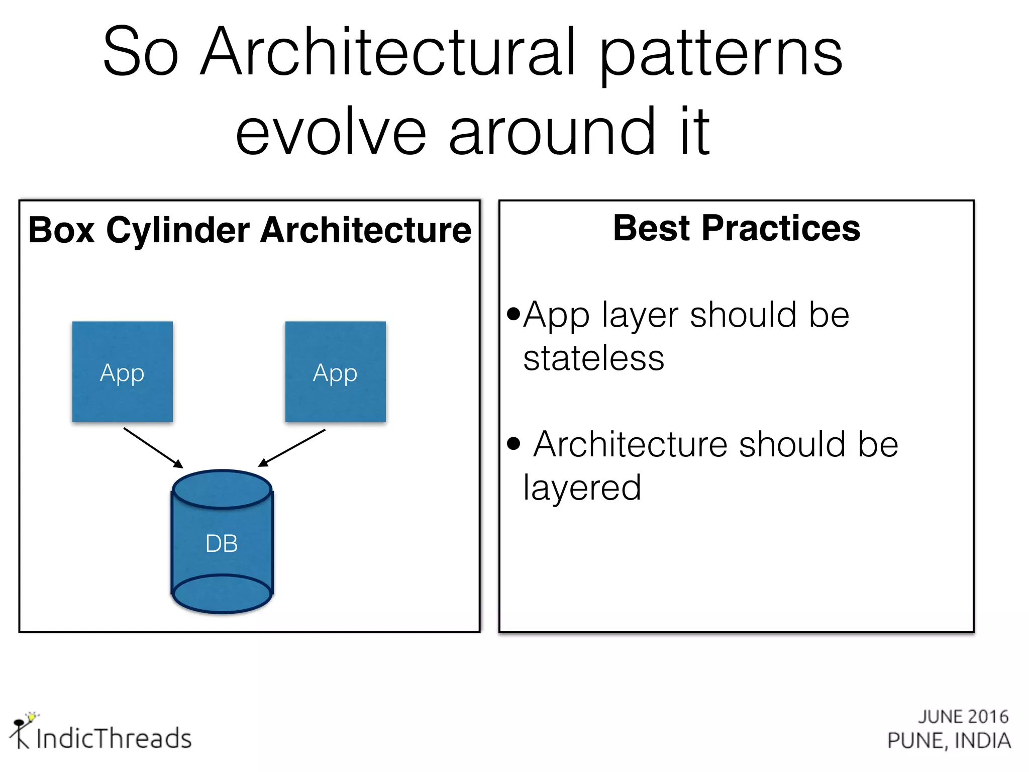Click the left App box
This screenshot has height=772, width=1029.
[x=123, y=371]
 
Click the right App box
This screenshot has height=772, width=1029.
[x=335, y=371]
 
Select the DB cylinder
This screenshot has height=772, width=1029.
[x=222, y=543]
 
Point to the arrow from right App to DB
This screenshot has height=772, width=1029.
[x=292, y=447]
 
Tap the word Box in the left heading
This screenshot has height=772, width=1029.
[x=61, y=230]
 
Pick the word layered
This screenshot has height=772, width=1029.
[x=582, y=488]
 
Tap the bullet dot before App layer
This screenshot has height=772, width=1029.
[x=513, y=314]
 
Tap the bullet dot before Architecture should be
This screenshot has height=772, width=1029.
[x=513, y=443]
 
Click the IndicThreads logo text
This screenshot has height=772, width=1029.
[x=114, y=738]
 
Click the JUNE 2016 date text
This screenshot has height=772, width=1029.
[x=963, y=716]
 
